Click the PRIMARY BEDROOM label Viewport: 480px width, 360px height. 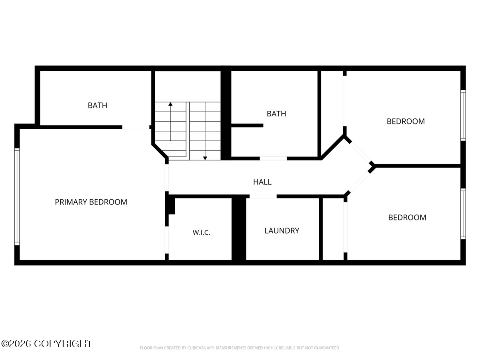tap(91, 202)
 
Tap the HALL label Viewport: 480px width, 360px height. tap(262, 182)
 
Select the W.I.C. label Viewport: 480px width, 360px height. tap(202, 232)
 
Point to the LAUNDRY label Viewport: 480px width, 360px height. tap(282, 231)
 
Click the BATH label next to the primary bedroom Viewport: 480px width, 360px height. tap(98, 105)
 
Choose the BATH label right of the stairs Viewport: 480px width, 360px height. tap(276, 114)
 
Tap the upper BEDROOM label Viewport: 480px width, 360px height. tap(406, 121)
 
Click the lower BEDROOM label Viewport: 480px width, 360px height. tap(407, 218)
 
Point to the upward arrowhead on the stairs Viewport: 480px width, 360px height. tap(170, 104)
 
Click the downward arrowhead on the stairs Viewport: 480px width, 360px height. tap(205, 158)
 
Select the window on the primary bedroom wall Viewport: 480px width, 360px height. tap(17, 196)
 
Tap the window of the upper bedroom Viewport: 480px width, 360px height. tap(463, 115)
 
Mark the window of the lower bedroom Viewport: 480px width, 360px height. tap(463, 214)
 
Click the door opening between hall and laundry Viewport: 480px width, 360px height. tap(263, 196)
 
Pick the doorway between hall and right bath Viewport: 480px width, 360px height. tap(273, 158)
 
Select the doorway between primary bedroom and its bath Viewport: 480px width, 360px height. tap(136, 127)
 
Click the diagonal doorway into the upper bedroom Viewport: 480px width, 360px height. tap(360, 152)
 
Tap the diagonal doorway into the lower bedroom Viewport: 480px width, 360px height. tap(359, 182)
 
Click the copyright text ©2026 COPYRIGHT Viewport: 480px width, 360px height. tap(46, 344)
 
